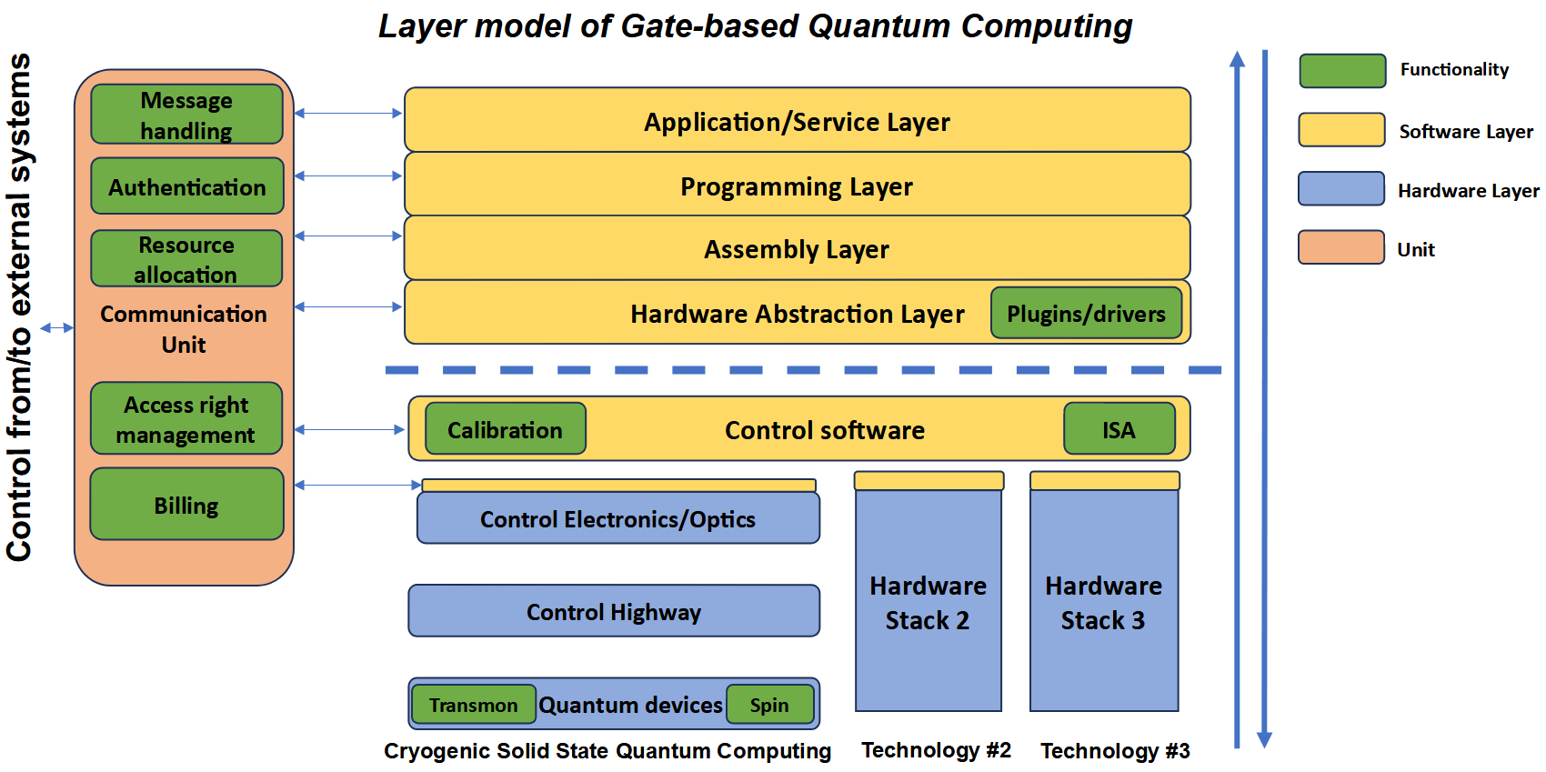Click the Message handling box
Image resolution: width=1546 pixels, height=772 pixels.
(x=186, y=115)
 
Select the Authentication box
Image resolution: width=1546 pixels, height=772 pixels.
(x=187, y=186)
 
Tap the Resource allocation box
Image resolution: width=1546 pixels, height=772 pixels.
(x=186, y=259)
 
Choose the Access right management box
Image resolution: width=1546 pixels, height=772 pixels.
(x=186, y=418)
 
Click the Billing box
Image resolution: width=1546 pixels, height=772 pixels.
(x=186, y=505)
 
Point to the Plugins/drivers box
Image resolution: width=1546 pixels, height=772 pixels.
(x=1086, y=314)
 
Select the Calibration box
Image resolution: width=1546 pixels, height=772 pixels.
(x=505, y=429)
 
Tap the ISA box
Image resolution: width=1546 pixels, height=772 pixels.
(x=1119, y=429)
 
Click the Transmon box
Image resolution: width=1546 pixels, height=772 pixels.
(x=473, y=705)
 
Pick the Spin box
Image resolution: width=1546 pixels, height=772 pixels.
(x=769, y=705)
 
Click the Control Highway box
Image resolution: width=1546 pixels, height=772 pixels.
(x=614, y=611)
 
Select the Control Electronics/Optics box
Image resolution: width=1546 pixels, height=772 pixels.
(x=617, y=518)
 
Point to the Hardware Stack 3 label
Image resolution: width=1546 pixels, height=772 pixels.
(x=1103, y=603)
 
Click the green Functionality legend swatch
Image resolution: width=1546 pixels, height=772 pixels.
(x=1342, y=71)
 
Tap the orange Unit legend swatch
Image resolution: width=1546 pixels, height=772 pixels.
(x=1340, y=247)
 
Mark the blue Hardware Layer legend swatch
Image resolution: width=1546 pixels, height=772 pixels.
(x=1340, y=189)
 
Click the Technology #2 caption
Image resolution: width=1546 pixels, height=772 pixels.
(x=936, y=750)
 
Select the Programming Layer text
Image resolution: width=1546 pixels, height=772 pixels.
(x=797, y=186)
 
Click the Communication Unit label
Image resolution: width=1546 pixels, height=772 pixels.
(x=184, y=329)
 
